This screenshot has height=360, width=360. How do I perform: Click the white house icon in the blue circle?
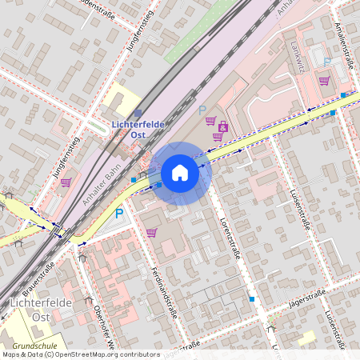[180, 173]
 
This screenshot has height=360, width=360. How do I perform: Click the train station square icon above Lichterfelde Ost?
[138, 114]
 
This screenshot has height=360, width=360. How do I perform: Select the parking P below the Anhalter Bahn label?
[119, 214]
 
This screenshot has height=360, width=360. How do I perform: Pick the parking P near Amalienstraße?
[326, 62]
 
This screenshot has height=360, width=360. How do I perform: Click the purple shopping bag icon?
[222, 126]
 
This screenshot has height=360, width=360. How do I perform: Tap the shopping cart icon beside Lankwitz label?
[324, 81]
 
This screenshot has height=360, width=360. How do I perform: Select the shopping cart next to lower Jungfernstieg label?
[65, 182]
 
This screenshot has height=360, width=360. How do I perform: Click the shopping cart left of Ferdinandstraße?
[151, 233]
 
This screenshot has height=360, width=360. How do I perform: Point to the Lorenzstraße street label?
[232, 233]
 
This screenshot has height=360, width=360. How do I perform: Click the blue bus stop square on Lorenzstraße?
[251, 299]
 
